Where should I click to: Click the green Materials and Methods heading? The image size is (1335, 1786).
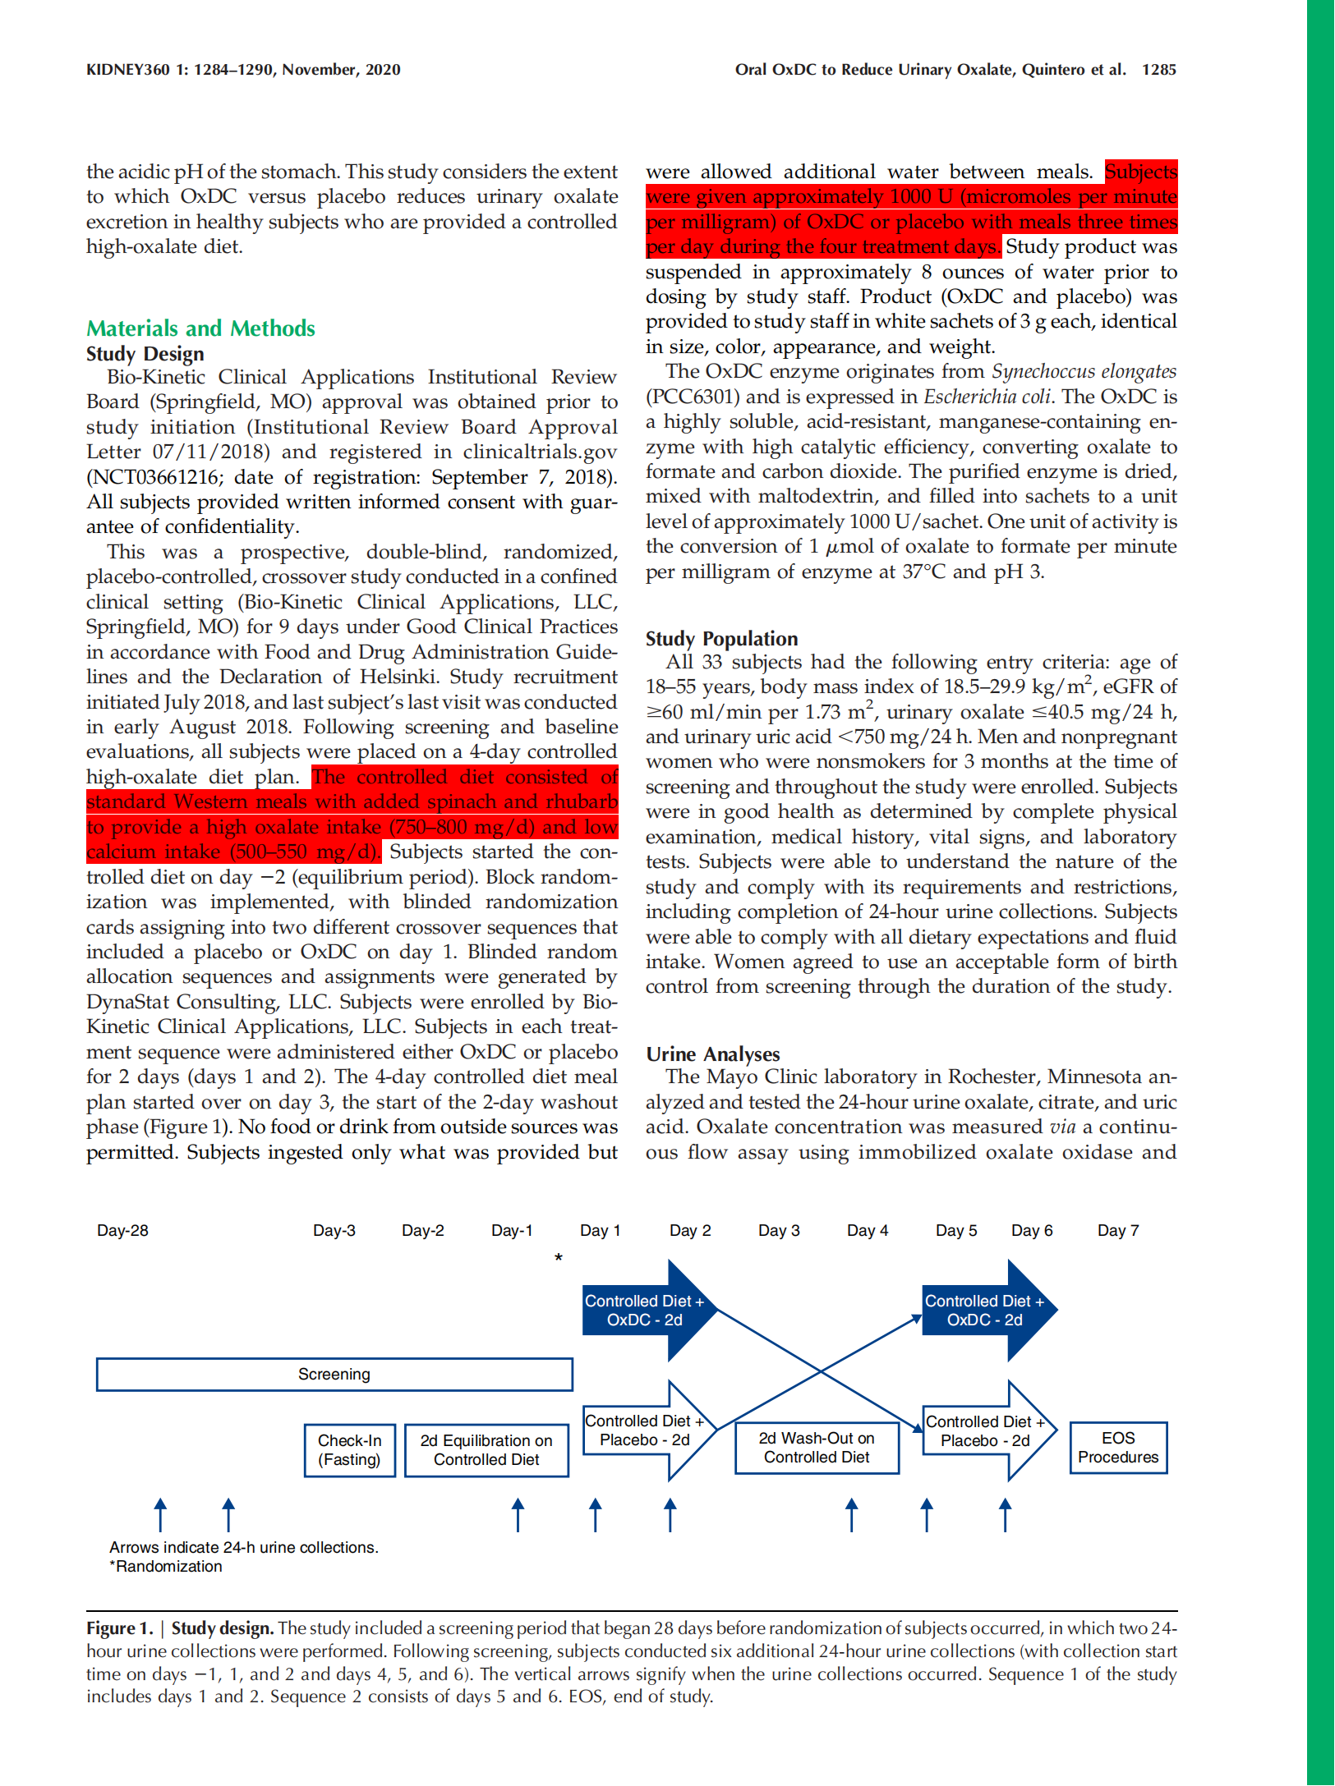tap(200, 328)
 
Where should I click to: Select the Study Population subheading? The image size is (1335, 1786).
tap(721, 639)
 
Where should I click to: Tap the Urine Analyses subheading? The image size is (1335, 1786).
tap(712, 1054)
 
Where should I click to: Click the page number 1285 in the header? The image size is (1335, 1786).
tap(1158, 70)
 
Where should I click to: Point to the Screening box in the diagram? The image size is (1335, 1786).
tap(334, 1375)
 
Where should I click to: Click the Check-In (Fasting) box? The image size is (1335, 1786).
tap(349, 1450)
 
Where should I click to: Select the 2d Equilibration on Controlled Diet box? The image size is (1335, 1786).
tap(486, 1450)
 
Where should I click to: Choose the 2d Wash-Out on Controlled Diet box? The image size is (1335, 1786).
tap(817, 1448)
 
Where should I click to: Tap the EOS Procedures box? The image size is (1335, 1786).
tap(1118, 1448)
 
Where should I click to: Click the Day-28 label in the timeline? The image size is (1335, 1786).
tap(122, 1231)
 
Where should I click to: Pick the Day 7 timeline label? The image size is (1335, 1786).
tap(1118, 1231)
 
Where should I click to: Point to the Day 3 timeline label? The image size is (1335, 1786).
tap(779, 1231)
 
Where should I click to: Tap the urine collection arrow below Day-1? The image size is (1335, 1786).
tap(518, 1515)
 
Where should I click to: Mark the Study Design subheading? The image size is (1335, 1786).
tap(145, 354)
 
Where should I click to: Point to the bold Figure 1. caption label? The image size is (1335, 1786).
tap(120, 1628)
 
